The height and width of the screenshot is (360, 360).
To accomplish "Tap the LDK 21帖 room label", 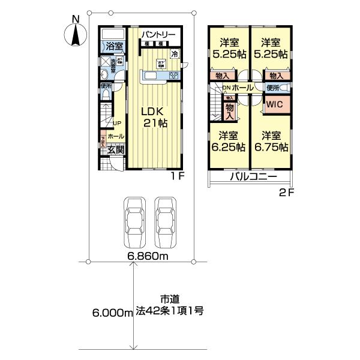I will [154, 117].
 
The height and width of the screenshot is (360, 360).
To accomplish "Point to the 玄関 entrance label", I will [115, 150].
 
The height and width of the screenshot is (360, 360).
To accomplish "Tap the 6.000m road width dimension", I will [112, 313].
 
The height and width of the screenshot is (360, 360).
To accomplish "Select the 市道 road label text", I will [169, 299].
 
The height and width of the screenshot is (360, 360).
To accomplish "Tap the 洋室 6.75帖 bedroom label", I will [269, 141].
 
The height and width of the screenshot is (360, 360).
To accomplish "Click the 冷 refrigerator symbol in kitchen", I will [175, 54].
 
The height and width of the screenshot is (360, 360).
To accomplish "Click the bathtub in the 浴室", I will [112, 34].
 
